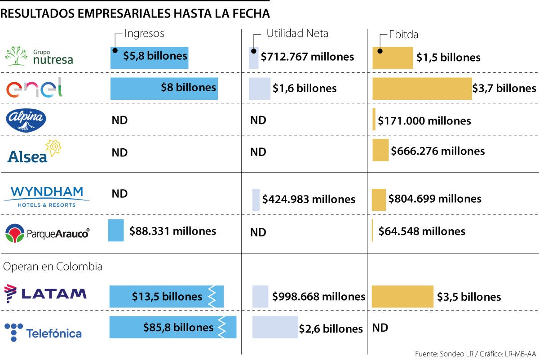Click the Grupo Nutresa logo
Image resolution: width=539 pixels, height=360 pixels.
tap(39, 56)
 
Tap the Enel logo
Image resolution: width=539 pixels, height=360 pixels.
tap(35, 88)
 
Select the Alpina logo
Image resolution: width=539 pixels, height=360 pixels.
tap(26, 120)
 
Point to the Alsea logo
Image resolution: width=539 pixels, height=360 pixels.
tap(34, 152)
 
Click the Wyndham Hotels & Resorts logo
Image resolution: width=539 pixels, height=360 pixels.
tap(47, 196)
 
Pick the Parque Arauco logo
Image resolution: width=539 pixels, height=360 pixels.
tap(47, 233)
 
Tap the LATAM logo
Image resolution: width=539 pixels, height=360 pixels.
tap(45, 294)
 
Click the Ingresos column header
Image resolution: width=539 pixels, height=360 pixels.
tap(144, 33)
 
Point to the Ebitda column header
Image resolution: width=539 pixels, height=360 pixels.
tap(404, 35)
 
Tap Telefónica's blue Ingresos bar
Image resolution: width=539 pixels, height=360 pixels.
tap(172, 327)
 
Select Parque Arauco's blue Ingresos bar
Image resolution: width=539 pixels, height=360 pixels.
tap(116, 231)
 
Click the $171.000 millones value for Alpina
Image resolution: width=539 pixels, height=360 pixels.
tap(424, 121)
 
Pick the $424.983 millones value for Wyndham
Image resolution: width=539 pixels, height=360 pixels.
tap(309, 199)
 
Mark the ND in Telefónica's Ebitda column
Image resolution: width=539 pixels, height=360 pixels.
tap(380, 328)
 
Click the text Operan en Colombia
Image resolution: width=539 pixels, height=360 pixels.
tap(53, 267)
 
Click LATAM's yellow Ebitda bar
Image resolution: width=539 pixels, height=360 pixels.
tap(402, 297)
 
